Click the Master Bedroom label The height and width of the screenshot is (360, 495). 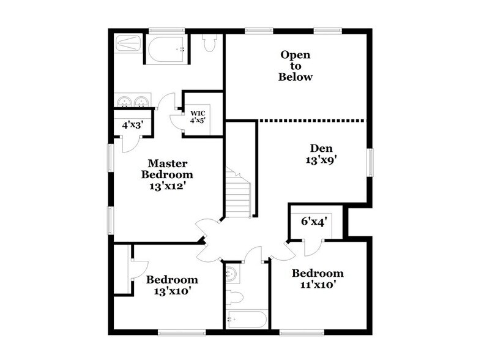(x=167, y=174)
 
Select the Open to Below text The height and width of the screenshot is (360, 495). (x=296, y=66)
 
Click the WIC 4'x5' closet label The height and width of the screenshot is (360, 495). (x=197, y=116)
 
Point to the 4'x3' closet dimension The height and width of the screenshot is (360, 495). (x=132, y=124)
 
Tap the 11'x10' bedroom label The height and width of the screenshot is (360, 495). (x=317, y=279)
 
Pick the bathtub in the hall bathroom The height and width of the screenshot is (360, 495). (x=247, y=319)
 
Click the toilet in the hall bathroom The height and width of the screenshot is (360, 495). (x=235, y=298)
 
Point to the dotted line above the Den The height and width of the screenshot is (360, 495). (x=312, y=121)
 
